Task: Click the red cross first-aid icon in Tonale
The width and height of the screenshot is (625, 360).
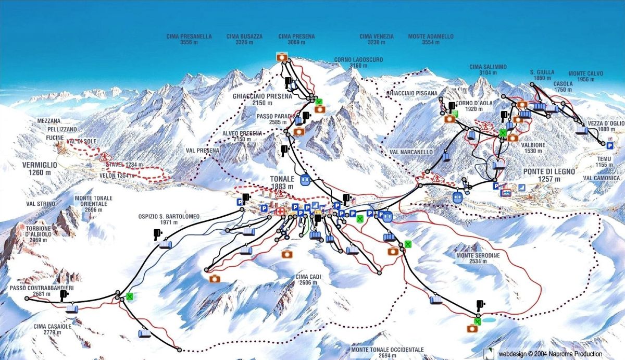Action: (x=280, y=212)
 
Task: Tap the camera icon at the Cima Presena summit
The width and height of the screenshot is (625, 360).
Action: (x=282, y=57)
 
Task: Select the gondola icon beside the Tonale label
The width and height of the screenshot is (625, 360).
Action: (x=306, y=181)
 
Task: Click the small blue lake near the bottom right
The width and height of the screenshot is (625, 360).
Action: (x=489, y=320)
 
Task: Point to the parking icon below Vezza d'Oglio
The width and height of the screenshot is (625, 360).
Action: (x=609, y=146)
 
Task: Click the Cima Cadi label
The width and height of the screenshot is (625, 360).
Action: (x=305, y=279)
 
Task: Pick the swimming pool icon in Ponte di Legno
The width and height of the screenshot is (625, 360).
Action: (x=506, y=193)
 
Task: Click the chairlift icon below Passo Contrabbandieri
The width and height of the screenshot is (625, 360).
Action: (x=72, y=309)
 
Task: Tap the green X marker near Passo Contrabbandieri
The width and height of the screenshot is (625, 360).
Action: (x=129, y=297)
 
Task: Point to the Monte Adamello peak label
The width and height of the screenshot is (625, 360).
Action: (x=430, y=39)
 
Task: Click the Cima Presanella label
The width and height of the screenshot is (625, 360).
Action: (x=189, y=39)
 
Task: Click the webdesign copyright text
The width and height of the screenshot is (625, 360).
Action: (x=550, y=354)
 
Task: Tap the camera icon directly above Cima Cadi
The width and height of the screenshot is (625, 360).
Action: (x=286, y=254)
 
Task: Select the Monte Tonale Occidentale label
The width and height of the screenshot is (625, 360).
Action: (x=387, y=352)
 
